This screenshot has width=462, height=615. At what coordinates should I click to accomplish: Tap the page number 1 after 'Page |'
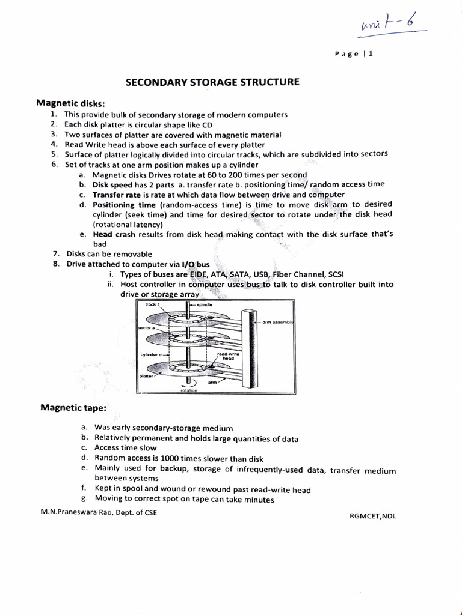(371, 53)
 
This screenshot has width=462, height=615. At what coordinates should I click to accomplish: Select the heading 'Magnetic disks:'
(71, 103)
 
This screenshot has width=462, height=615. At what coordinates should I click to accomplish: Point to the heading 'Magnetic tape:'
(73, 408)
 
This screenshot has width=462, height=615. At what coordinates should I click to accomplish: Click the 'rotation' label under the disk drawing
(188, 390)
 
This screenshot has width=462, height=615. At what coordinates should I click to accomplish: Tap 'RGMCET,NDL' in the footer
(373, 515)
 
